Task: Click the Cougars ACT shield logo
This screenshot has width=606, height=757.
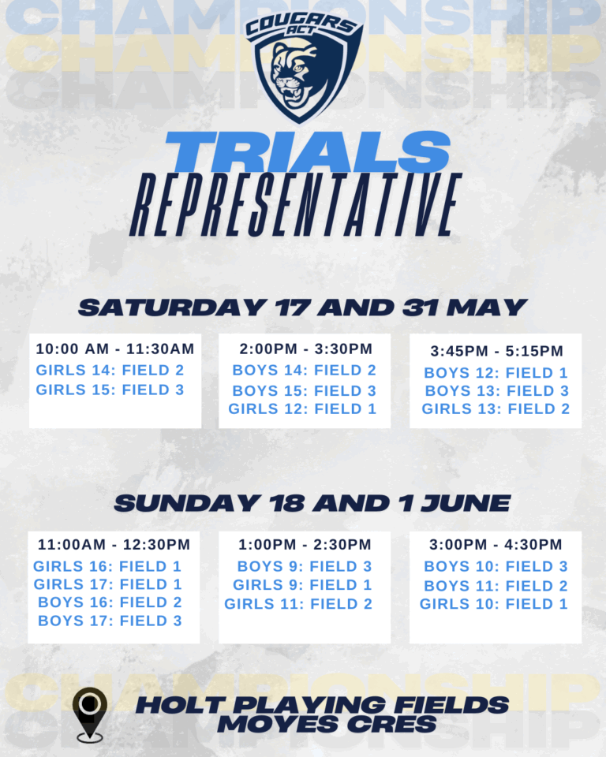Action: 304,66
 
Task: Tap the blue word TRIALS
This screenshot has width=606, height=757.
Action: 308,152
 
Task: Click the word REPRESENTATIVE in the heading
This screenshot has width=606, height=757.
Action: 296,205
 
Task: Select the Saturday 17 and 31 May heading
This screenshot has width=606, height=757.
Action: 302,308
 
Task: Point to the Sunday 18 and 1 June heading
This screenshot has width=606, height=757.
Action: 312,504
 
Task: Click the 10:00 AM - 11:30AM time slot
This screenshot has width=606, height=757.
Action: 115,349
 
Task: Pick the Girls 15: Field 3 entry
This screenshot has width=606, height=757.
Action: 110,390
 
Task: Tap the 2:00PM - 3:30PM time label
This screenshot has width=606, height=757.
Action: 306,349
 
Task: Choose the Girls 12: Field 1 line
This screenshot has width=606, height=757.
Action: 302,409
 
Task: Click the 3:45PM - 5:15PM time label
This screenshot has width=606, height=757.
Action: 497,351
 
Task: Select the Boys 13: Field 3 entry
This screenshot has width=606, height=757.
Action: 497,390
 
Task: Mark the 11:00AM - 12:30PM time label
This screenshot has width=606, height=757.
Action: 114,545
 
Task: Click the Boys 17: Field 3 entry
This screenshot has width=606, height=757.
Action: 110,621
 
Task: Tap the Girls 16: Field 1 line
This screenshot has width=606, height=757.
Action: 107,566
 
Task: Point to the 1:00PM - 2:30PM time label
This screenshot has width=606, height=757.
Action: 305,545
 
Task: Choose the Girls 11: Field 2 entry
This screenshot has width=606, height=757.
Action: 298,604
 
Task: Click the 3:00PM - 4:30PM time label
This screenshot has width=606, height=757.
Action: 496,545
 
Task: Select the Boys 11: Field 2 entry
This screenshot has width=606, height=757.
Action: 496,586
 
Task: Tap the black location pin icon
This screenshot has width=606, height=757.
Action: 90,714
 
